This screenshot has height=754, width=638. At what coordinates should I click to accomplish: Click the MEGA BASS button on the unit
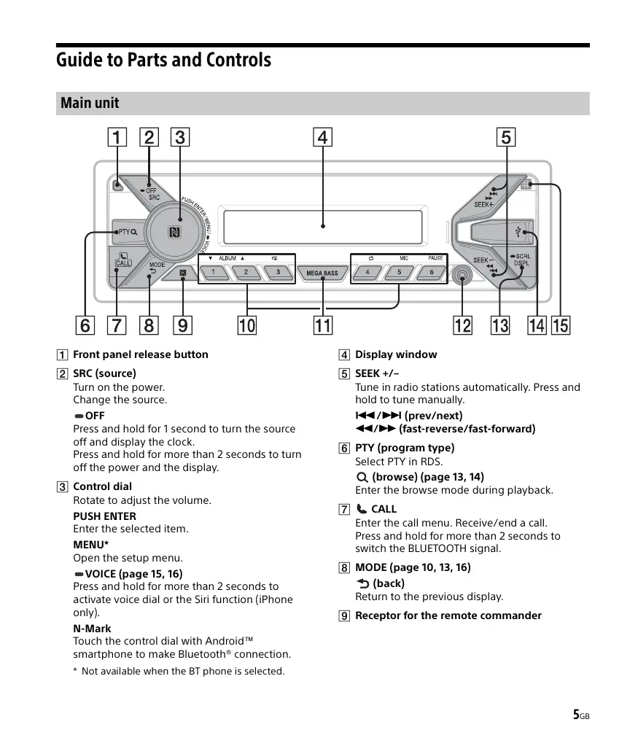(x=322, y=273)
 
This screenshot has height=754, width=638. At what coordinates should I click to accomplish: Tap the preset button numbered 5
(x=399, y=273)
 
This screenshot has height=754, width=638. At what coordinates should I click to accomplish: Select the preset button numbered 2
(x=246, y=273)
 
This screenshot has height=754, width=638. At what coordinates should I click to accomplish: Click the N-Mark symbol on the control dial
(x=174, y=233)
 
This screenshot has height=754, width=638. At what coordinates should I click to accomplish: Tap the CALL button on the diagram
(x=122, y=260)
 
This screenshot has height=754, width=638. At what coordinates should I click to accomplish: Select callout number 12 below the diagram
(x=463, y=325)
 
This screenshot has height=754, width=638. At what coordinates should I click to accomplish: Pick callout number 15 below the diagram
(x=561, y=325)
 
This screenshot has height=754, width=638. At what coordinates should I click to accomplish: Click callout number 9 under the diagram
(x=183, y=325)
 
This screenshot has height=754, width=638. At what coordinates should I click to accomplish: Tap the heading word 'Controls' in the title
(x=238, y=60)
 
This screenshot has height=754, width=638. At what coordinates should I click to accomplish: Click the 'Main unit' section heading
(x=90, y=103)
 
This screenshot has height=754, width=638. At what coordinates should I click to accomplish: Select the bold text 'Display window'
(x=396, y=354)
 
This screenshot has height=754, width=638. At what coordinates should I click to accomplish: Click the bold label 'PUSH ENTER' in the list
(x=104, y=516)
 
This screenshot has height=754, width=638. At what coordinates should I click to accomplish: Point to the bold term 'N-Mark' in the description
(x=92, y=628)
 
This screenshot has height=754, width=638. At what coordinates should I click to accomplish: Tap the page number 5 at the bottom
(x=576, y=715)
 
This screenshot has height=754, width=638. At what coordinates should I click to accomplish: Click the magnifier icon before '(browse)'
(x=362, y=478)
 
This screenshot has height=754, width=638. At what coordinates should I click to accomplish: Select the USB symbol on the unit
(x=518, y=233)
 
